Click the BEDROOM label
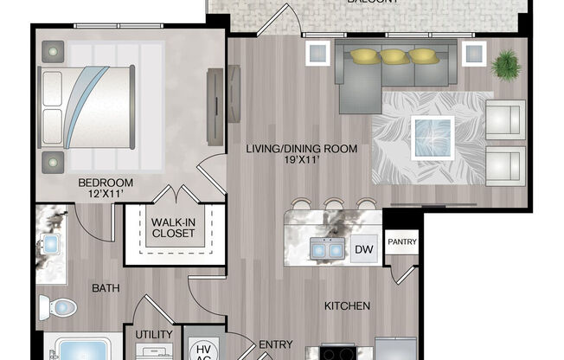click(x=105, y=183)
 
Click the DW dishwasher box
click(x=364, y=249)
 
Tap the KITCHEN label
click(x=347, y=305)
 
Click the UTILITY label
click(x=154, y=334)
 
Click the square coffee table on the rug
click(x=433, y=134)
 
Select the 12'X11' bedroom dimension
click(x=105, y=196)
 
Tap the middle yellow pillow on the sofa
click(x=394, y=57)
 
